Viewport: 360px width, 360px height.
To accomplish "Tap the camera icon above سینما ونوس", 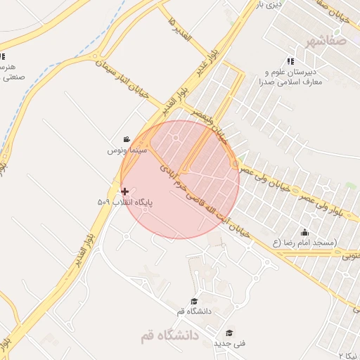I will [126, 139].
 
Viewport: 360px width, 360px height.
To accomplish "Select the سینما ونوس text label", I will [127, 150].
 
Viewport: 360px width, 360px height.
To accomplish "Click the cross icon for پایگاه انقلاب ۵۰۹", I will [125, 191].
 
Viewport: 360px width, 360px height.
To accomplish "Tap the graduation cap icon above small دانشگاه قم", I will [194, 300].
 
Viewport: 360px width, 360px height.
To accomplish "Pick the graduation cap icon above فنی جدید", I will [229, 333].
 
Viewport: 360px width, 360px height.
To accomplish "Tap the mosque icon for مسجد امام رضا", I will [304, 232].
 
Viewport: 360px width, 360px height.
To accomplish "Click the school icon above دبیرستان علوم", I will [290, 61].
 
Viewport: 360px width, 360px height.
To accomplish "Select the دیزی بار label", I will [269, 5].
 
